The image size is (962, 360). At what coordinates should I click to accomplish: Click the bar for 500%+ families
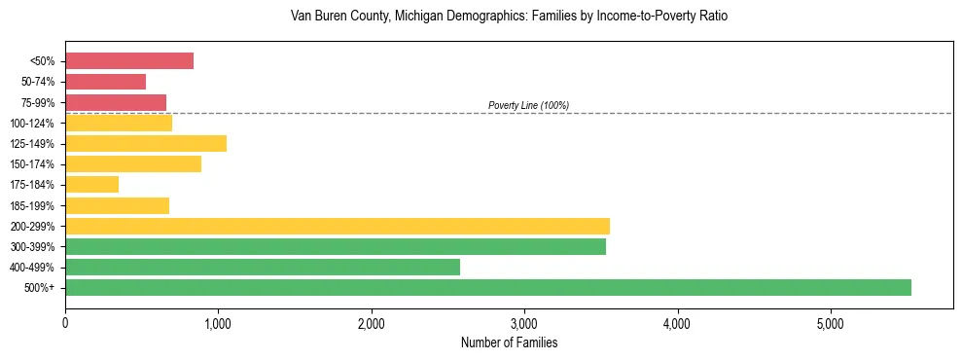coord(487,287)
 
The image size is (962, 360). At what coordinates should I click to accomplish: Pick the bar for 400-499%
coord(262,267)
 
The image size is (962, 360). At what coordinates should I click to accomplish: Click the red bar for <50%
coord(129,61)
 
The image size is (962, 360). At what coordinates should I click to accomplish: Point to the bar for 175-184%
coord(91,184)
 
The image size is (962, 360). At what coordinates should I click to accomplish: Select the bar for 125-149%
coord(145,143)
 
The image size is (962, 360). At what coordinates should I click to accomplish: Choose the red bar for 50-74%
coord(105,82)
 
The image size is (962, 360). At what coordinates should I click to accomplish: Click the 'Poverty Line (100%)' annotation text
coord(528,105)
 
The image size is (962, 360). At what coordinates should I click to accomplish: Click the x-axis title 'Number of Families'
coord(509,342)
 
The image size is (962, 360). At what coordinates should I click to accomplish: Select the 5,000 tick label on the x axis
coord(830,322)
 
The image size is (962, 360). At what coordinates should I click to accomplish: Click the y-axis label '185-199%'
coord(33,205)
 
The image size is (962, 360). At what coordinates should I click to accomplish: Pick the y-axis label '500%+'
coord(40,288)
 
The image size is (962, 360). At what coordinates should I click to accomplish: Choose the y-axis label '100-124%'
coord(33,124)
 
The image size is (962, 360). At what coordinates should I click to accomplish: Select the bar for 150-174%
coord(132,163)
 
